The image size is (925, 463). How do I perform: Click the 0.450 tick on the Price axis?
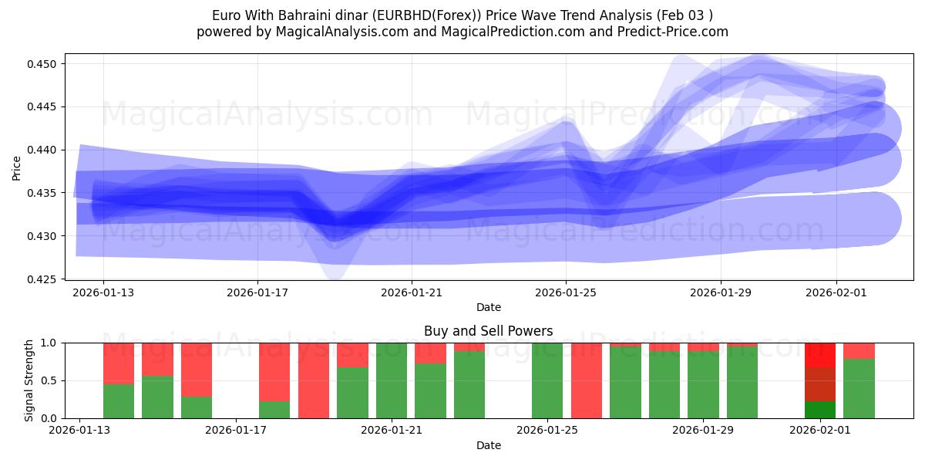click(44, 63)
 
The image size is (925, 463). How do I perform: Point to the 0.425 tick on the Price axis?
click(44, 279)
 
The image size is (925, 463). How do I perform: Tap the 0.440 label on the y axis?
click(44, 150)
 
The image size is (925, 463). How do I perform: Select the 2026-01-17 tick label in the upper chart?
click(257, 293)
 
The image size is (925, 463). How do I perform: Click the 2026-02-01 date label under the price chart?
click(837, 293)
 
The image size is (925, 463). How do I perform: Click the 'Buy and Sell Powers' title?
click(488, 331)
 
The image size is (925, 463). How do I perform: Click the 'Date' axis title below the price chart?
click(488, 307)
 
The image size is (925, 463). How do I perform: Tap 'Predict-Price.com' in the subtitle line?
click(675, 32)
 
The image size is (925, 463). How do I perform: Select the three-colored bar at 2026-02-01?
click(819, 380)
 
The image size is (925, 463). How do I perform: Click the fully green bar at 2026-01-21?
click(392, 380)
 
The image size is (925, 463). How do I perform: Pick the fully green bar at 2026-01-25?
click(547, 380)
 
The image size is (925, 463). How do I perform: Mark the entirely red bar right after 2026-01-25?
click(586, 380)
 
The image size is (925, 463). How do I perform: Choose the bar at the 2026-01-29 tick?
click(703, 380)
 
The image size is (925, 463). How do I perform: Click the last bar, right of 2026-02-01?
click(859, 380)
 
